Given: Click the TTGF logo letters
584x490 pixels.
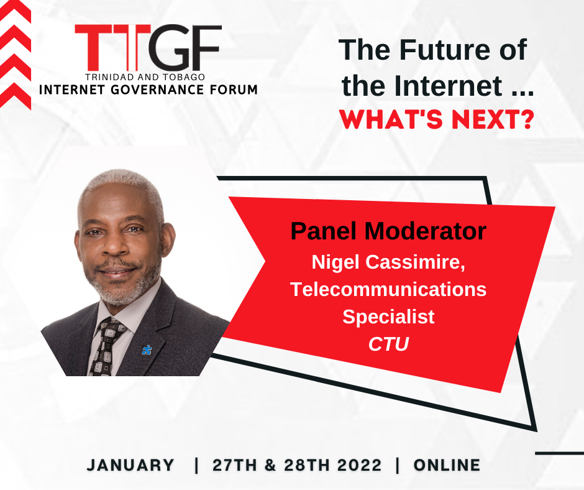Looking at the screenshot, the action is [148, 48].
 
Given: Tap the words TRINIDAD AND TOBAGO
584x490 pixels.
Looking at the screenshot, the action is [145, 77].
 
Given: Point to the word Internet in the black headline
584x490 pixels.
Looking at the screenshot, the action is [448, 86].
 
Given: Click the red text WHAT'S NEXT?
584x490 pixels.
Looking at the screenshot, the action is [437, 119].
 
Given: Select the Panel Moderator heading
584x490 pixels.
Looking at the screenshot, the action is [388, 231].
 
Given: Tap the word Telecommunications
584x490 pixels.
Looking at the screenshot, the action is [388, 289].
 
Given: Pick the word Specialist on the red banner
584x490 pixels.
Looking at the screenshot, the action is [388, 317].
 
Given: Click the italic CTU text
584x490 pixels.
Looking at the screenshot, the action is [388, 344].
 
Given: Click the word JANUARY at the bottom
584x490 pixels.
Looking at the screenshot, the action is [130, 465].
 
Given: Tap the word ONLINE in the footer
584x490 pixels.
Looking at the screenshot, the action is [447, 465].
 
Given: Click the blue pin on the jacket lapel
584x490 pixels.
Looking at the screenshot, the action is [147, 350].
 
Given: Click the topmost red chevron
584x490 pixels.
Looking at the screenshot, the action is [15, 11].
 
